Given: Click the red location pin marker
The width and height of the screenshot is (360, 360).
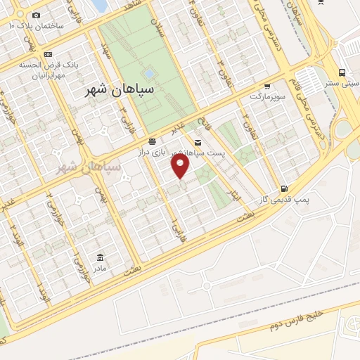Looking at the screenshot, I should (x=181, y=165).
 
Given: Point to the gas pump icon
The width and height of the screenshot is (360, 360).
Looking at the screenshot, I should (x=283, y=188).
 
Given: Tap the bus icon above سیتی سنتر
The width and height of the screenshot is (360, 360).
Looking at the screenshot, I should (x=342, y=72).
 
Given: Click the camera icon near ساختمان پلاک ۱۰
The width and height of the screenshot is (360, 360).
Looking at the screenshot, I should (x=37, y=15).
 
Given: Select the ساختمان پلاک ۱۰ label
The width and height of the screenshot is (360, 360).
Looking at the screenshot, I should (x=37, y=25).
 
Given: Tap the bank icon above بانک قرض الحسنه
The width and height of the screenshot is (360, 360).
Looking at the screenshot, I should (x=47, y=54).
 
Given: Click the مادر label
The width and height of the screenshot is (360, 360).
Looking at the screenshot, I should (x=98, y=267).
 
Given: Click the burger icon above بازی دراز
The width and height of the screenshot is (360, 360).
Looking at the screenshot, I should (x=153, y=143).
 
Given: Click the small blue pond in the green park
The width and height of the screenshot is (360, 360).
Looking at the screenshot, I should (x=148, y=72).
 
